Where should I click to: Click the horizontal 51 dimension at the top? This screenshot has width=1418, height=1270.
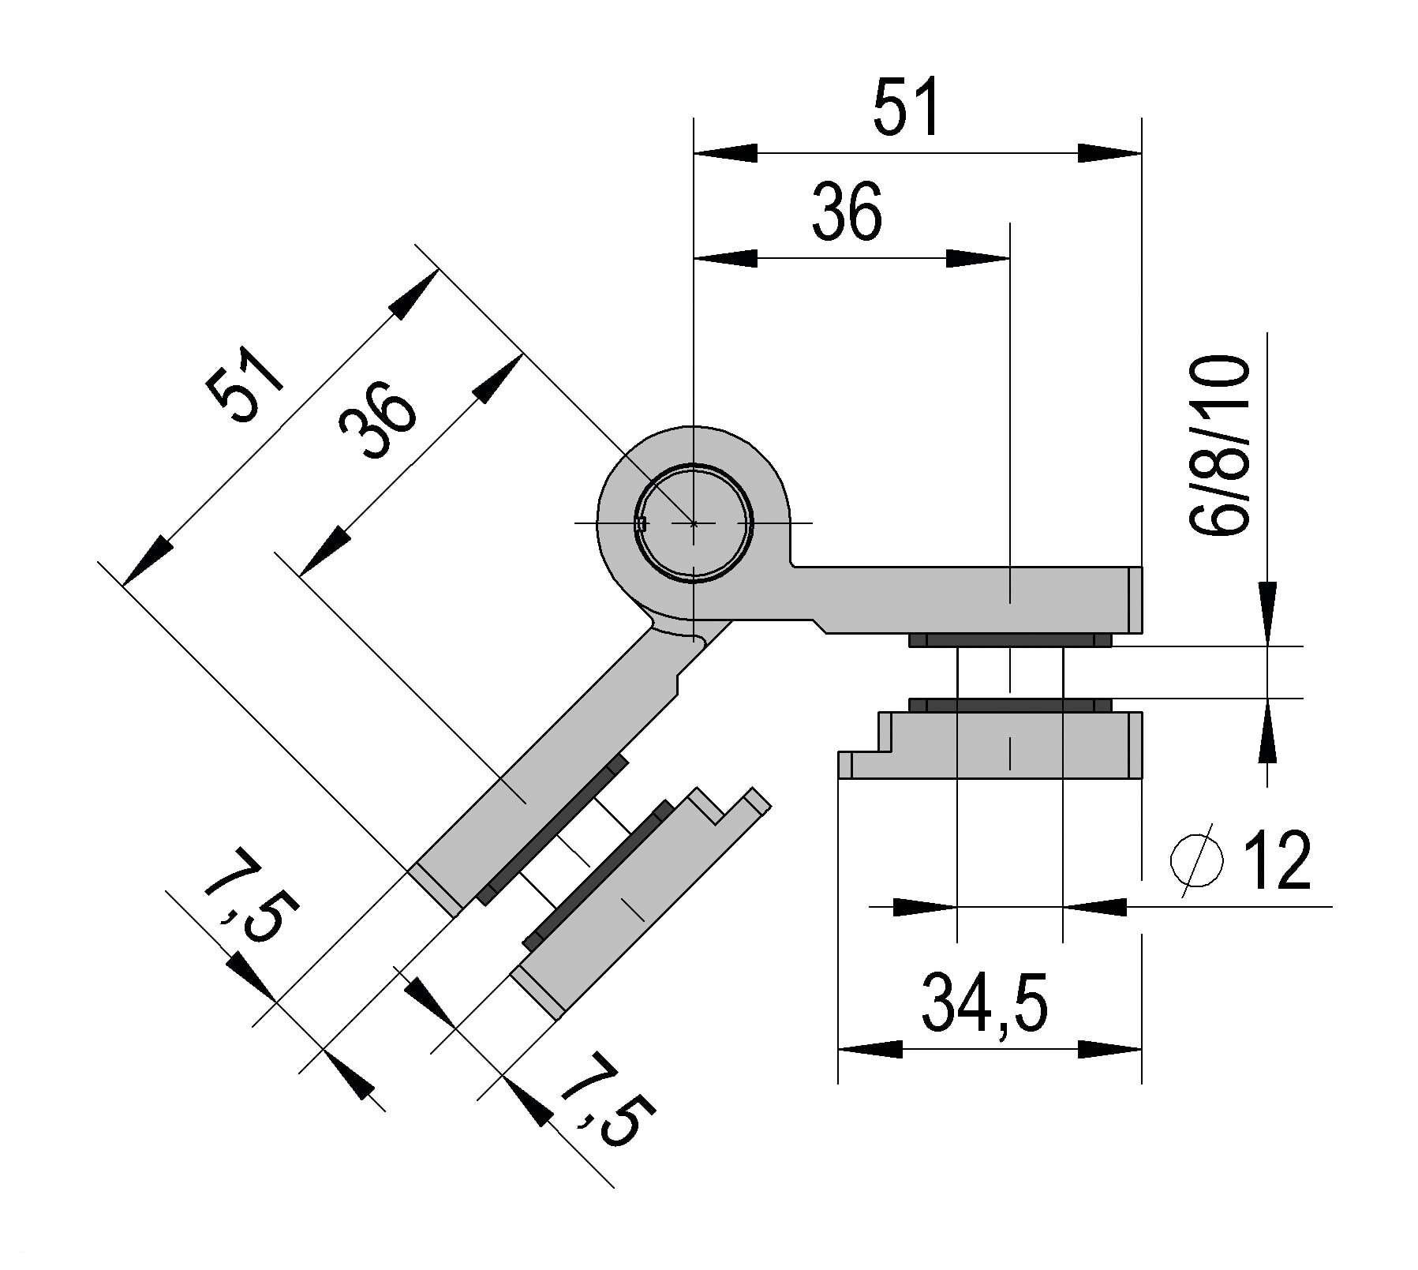tap(907, 106)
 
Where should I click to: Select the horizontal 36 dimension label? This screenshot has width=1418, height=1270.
tap(846, 212)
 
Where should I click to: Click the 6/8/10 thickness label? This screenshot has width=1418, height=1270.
tap(1220, 447)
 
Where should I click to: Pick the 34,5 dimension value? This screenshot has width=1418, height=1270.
tap(984, 1003)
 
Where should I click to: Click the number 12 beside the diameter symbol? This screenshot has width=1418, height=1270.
tap(1277, 861)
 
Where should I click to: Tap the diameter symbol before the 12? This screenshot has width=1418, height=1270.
tap(1197, 861)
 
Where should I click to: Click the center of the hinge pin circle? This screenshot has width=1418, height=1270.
tap(694, 523)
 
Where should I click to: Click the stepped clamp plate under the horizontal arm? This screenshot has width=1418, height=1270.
tap(1002, 745)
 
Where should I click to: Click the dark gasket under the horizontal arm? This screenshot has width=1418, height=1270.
tap(1010, 640)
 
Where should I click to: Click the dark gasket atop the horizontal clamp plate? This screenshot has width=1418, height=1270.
tap(1010, 704)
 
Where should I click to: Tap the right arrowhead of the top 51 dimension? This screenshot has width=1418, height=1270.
tap(1109, 153)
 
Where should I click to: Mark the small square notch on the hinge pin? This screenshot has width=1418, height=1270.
tap(642, 523)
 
